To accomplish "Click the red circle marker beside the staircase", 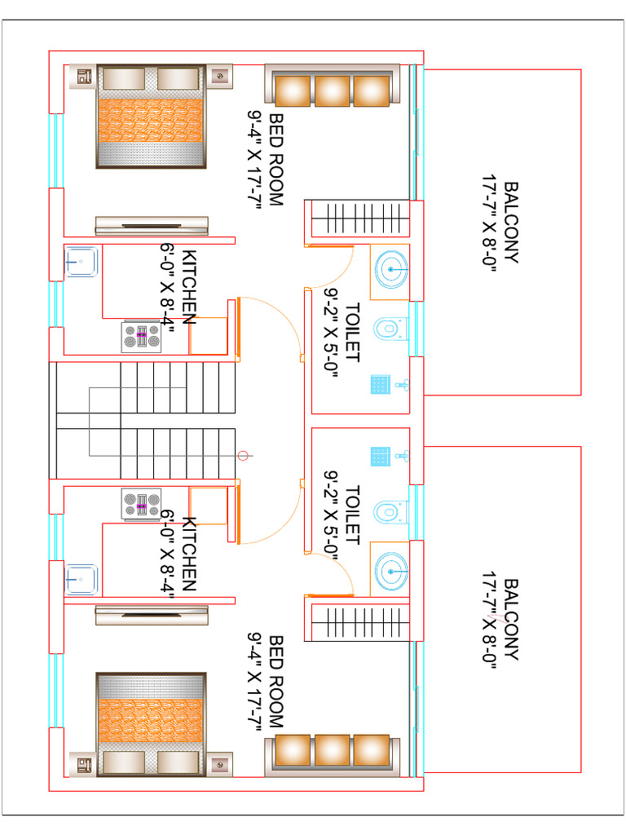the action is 243,456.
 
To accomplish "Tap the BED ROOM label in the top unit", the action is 276,160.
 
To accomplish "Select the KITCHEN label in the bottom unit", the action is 189,554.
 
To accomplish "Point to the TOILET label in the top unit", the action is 352,333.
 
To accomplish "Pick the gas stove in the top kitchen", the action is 141,337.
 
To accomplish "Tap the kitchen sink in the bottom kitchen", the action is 81,580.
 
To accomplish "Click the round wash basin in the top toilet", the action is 391,269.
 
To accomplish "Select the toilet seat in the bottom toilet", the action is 390,512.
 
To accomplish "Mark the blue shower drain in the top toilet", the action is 381,385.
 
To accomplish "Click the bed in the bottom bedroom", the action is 151,724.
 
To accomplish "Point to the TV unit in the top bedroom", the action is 152,226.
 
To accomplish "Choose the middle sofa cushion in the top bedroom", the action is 333,91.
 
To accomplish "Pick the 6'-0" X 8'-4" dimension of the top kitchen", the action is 167,289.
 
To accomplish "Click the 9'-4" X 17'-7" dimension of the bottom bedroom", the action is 254,683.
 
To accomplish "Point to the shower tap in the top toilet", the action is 403,385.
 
